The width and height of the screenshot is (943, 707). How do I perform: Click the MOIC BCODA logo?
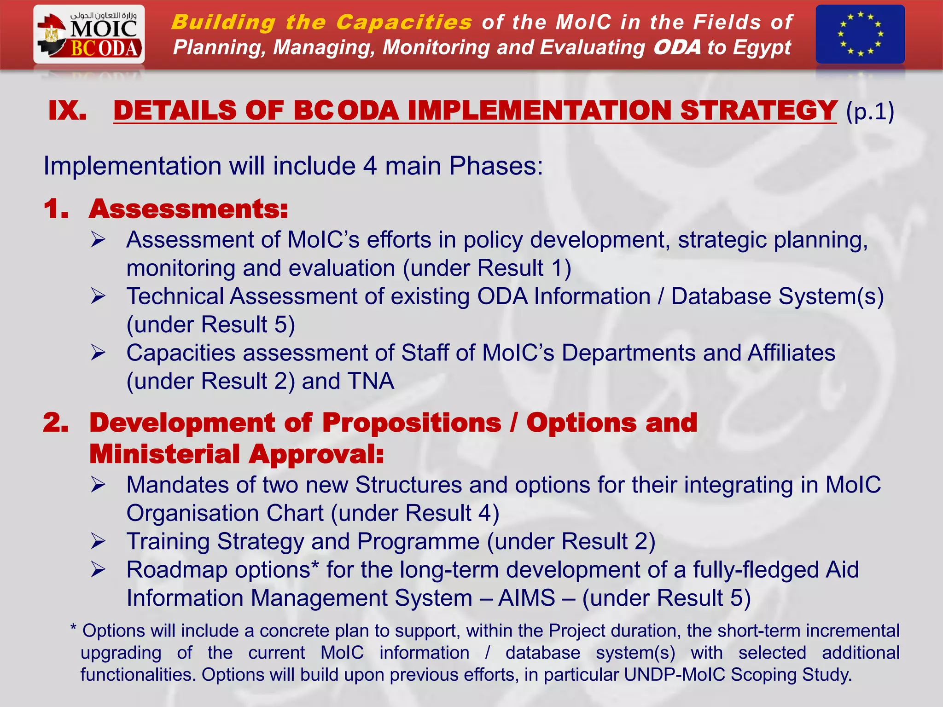pos(89,35)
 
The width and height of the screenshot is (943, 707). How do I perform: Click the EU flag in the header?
pos(860,35)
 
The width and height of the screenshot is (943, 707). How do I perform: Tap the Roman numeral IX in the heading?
pos(68,111)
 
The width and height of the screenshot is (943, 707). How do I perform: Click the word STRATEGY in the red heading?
pos(758,111)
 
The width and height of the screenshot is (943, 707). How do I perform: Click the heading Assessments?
pos(188,209)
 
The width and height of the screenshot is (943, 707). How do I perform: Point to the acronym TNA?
pos(371,381)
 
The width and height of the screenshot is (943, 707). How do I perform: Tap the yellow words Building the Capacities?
pos(321,22)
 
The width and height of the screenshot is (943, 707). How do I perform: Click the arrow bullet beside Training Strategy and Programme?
pos(98,541)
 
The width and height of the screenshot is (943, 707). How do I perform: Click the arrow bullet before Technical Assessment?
pos(98,296)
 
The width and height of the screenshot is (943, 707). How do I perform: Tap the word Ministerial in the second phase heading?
pos(165,454)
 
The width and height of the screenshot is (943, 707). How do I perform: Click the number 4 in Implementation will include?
pos(370,166)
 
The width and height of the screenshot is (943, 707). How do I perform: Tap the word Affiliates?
pos(791,353)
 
